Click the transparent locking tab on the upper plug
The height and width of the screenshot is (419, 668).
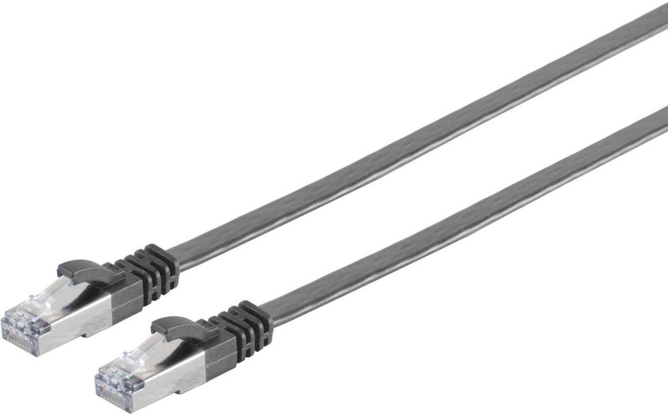click(x=49, y=291)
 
